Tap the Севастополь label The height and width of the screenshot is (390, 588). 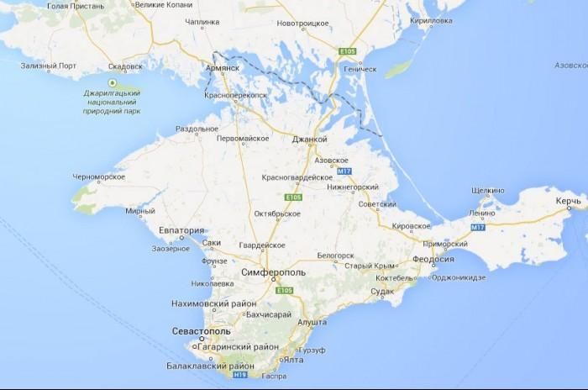(x=199, y=331)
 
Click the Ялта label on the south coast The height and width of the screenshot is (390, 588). (x=293, y=359)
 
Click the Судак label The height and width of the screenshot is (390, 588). (x=382, y=291)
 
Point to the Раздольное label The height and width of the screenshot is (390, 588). (x=197, y=129)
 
